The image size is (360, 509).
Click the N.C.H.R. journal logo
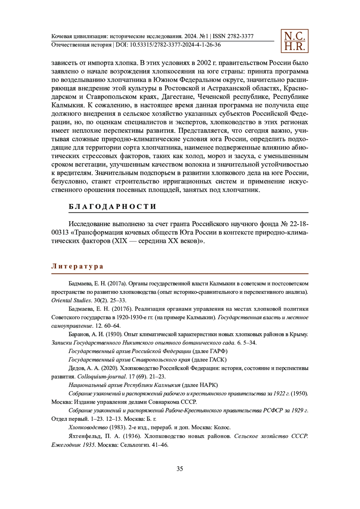pyautogui.click(x=294, y=41)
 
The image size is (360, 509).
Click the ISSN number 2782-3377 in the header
pyautogui.click(x=240, y=37)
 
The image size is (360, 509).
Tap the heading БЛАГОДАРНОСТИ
pyautogui.click(x=112, y=207)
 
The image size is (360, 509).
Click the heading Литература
pyautogui.click(x=77, y=266)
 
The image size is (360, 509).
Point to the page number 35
pyautogui.click(x=180, y=469)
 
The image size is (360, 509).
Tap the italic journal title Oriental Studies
pyautogui.click(x=71, y=300)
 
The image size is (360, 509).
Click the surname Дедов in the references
pyautogui.click(x=76, y=368)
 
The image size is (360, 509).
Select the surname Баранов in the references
pyautogui.click(x=78, y=334)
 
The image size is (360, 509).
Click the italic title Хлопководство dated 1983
pyautogui.click(x=88, y=427)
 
